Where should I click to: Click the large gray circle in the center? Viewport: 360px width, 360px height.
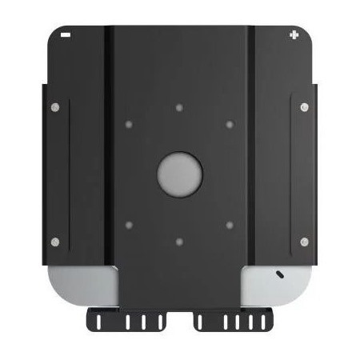179,172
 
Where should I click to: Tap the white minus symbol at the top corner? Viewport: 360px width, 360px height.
65,35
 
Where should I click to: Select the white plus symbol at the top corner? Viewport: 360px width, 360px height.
295,34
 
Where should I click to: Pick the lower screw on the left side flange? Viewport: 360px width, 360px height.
54,242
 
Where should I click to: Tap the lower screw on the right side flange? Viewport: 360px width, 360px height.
304,242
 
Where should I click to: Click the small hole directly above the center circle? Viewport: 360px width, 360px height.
179,106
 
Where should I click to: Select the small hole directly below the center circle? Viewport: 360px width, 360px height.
179,240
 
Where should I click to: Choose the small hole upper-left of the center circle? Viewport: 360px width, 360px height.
129,124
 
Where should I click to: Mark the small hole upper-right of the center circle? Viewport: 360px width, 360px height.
230,124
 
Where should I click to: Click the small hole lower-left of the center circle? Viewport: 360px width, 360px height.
129,225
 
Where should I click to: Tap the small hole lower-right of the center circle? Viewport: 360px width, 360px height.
230,225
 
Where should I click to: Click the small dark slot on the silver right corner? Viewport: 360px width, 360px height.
279,274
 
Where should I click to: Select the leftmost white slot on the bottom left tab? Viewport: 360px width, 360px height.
98,322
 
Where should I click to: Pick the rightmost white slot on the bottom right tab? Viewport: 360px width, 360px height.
263,322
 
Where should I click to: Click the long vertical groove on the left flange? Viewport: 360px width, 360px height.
69,173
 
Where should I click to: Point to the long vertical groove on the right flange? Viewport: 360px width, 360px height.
291,173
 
